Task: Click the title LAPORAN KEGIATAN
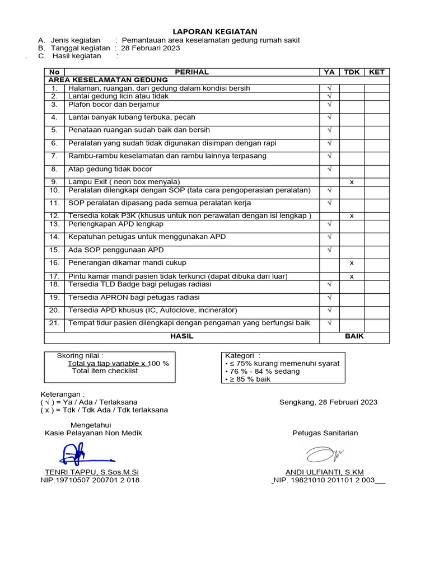(215, 31)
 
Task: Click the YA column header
(329, 72)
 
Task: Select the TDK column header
(352, 72)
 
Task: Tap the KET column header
(377, 72)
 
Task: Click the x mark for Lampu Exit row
(352, 182)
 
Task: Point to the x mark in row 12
(352, 216)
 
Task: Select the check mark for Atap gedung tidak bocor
(329, 169)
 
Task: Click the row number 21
(54, 323)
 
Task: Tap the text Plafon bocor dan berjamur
(114, 105)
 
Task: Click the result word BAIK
(354, 336)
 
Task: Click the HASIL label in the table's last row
(182, 336)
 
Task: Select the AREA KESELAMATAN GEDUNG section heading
(108, 80)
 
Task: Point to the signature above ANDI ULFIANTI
(325, 453)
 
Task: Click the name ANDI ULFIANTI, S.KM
(324, 472)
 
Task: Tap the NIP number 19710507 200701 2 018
(90, 480)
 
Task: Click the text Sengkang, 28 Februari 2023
(328, 402)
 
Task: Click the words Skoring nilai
(80, 355)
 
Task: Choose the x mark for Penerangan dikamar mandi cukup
(352, 262)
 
